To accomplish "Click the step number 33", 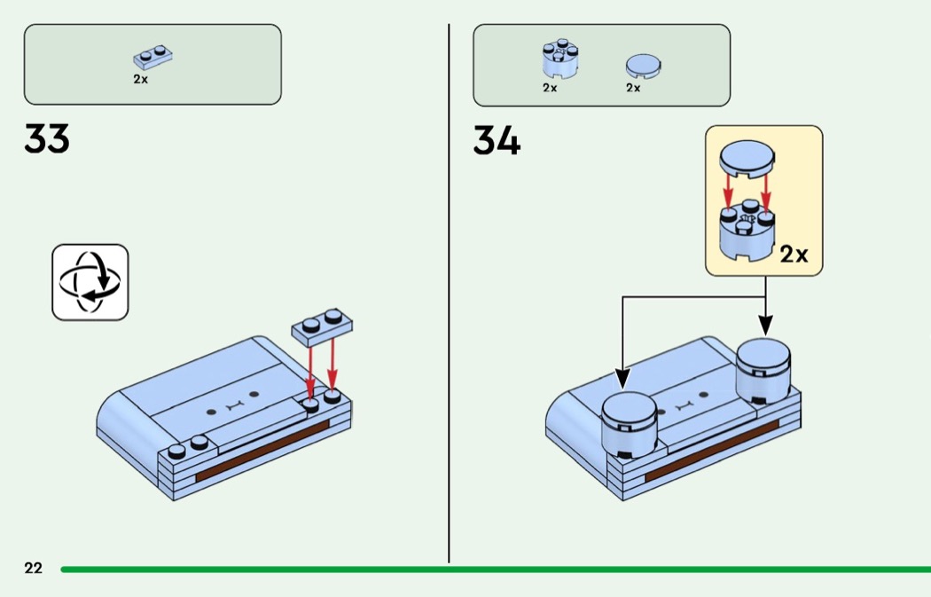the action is point(47,138).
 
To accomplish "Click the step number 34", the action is point(497,141).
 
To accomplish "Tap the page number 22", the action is point(34,569).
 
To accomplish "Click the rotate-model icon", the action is point(90,282).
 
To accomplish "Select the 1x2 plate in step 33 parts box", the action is point(153,58).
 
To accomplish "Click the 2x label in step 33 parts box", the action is point(141,79).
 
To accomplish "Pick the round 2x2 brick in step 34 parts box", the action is point(559,59).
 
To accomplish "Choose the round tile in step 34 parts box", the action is point(643,66).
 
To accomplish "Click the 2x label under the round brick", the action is point(550,88).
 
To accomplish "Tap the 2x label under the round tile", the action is point(634,88).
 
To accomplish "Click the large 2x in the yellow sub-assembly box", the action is point(794,255).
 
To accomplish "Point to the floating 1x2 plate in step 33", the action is point(322,327).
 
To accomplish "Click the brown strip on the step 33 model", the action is point(262,451).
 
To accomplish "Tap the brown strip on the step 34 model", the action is point(711,451).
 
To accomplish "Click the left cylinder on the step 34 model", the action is point(630,425).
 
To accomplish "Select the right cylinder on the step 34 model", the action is point(763,371).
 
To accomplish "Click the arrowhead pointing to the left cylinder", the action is point(622,379).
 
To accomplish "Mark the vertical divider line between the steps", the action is point(449,293).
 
